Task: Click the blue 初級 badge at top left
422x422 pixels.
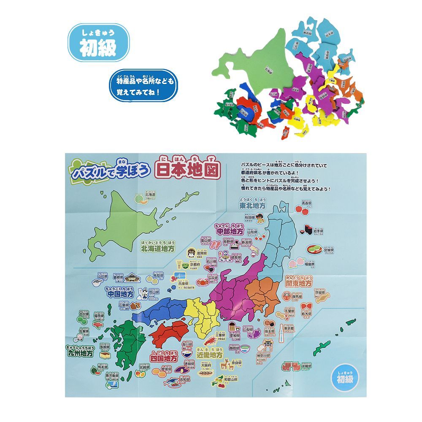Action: coord(98,43)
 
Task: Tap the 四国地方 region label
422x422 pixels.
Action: coord(164,357)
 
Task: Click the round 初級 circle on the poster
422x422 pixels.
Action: coord(345,375)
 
